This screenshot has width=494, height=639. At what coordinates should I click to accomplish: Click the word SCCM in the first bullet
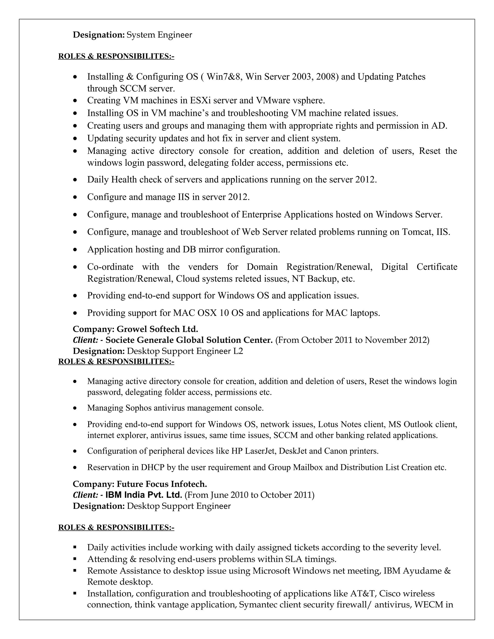click(x=133, y=88)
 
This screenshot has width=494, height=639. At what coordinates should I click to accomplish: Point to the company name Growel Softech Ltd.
click(x=158, y=329)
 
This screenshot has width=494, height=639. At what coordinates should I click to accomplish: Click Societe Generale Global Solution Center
click(x=189, y=340)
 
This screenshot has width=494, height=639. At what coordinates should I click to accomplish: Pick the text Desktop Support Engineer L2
click(x=185, y=351)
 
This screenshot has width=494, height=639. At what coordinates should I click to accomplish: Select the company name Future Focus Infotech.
click(x=162, y=484)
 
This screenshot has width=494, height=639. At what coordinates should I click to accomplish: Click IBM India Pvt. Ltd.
click(x=144, y=495)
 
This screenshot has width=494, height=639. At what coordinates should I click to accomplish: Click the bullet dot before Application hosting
click(x=75, y=250)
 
